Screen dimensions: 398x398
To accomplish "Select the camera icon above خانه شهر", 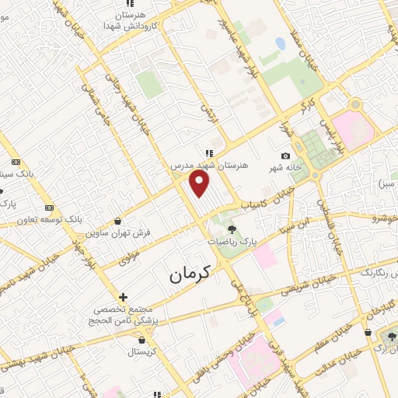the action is point(285,157).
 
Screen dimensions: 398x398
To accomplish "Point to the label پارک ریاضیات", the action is point(232,243).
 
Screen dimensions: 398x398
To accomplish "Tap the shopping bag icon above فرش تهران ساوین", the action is point(117,220).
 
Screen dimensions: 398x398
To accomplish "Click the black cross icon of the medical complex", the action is point(123,296).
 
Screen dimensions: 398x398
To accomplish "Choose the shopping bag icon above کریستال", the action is point(141,339).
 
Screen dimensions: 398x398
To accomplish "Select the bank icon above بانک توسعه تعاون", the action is point(49,208).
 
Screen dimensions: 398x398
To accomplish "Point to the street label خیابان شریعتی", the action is point(314,286).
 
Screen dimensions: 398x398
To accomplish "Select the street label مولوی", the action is point(128,255).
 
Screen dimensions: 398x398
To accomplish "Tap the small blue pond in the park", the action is point(279,44).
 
